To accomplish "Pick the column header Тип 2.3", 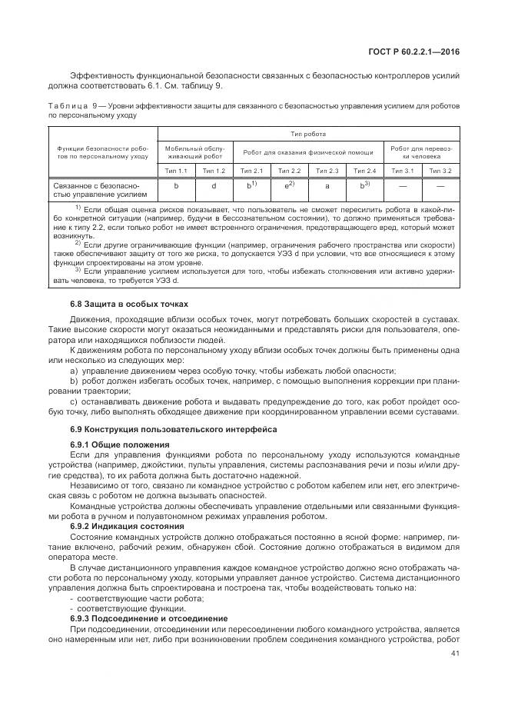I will click(327, 170).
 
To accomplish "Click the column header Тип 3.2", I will click(440, 170).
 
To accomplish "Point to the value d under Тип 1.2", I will click(214, 186).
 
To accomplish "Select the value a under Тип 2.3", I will click(327, 186).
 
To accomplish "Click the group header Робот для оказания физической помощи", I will click(308, 151).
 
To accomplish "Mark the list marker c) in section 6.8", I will click(74, 401).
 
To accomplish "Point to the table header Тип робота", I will click(307, 133).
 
